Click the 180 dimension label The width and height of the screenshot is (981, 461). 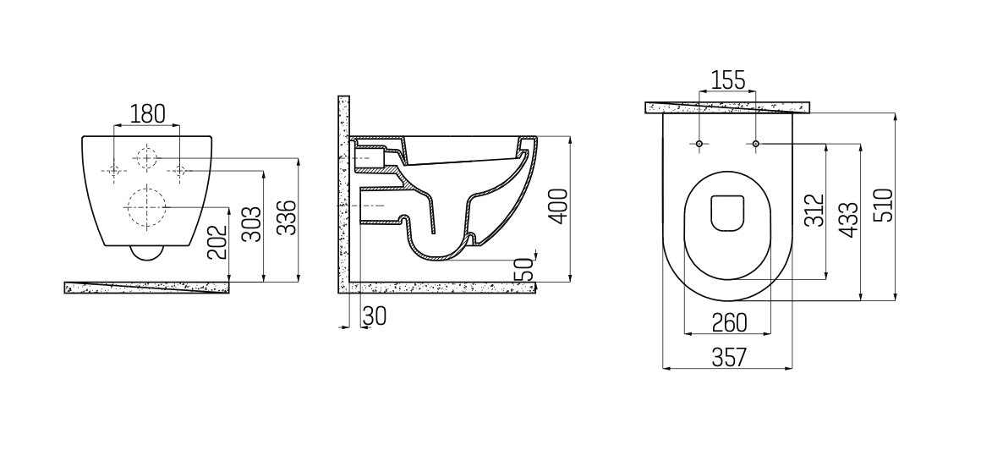(x=148, y=114)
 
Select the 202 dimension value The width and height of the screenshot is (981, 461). (x=217, y=243)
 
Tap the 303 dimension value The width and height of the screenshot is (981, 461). (x=251, y=224)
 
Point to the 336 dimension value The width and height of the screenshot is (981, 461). (x=287, y=217)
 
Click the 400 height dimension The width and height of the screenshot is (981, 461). (x=558, y=206)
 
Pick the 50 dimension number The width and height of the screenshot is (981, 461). (x=523, y=270)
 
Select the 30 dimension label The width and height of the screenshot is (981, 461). (x=374, y=316)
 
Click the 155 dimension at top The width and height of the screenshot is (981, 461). (x=728, y=80)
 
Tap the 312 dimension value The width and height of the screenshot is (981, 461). (x=814, y=210)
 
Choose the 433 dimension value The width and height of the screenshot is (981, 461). (x=848, y=220)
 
